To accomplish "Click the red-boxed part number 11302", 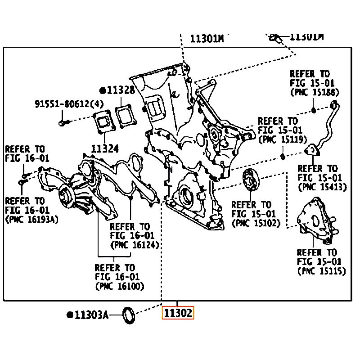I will pyautogui.click(x=178, y=313).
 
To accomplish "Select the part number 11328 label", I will pyautogui.click(x=121, y=90).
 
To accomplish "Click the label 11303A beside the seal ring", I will pyautogui.click(x=91, y=315).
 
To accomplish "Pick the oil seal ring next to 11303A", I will pyautogui.click(x=129, y=314).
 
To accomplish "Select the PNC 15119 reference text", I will pyautogui.click(x=283, y=139).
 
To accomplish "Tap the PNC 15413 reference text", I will pyautogui.click(x=322, y=187).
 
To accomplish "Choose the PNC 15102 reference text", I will pyautogui.click(x=256, y=223).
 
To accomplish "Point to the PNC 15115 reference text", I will pyautogui.click(x=321, y=270).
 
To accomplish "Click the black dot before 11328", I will pyautogui.click(x=103, y=90).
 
